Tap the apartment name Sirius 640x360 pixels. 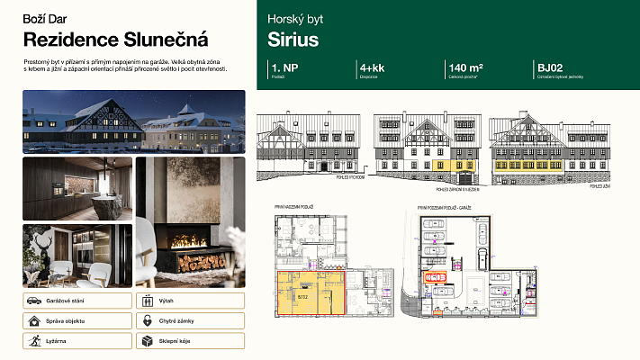pyautogui.click(x=293, y=40)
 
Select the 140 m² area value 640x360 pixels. pyautogui.click(x=464, y=67)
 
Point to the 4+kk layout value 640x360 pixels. pyautogui.click(x=373, y=67)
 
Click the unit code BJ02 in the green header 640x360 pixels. pyautogui.click(x=550, y=67)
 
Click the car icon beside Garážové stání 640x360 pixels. pyautogui.click(x=32, y=301)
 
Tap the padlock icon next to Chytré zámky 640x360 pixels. pyautogui.click(x=146, y=320)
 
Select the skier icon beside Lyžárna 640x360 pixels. pyautogui.click(x=32, y=341)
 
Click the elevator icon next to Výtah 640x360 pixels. pyautogui.click(x=146, y=301)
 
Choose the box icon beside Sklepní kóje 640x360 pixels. pyautogui.click(x=146, y=341)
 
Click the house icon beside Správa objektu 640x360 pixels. pyautogui.click(x=32, y=320)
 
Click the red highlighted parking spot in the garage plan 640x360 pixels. pyautogui.click(x=436, y=277)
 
